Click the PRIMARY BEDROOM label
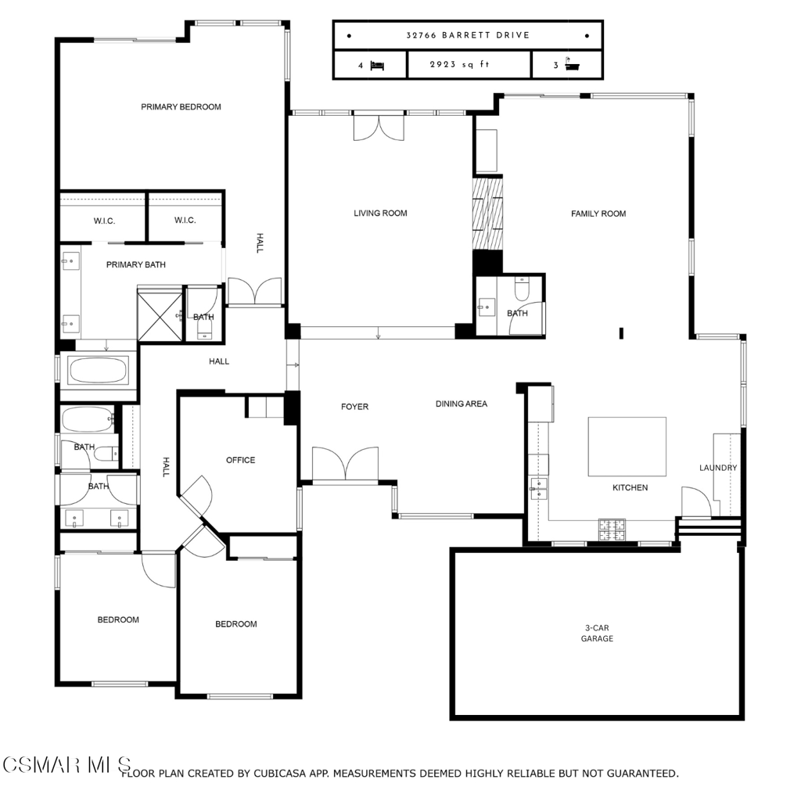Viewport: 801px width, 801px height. (x=181, y=107)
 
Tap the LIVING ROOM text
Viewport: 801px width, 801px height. (x=380, y=214)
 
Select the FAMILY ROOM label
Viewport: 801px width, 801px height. (x=598, y=214)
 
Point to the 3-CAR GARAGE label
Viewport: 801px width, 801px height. (x=597, y=634)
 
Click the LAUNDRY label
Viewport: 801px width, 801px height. (x=717, y=468)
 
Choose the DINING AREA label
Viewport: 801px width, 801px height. (x=462, y=404)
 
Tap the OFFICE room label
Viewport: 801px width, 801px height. (x=240, y=460)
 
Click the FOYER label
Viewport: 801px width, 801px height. (x=354, y=407)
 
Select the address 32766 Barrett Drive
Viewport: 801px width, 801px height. (x=468, y=35)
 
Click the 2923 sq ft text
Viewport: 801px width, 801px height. (x=459, y=65)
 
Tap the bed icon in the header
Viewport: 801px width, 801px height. (x=377, y=66)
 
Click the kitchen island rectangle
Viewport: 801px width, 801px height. (x=627, y=447)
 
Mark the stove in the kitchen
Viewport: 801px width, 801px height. (x=612, y=530)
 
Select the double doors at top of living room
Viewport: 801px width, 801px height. (x=379, y=128)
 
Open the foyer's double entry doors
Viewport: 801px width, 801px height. (x=344, y=463)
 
